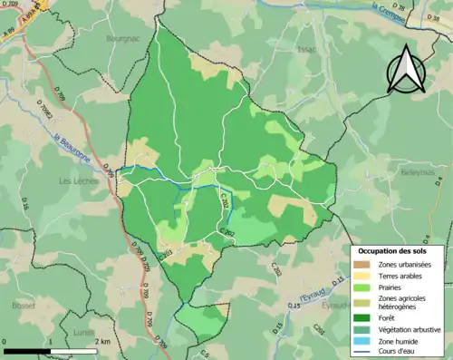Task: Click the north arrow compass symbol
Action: click(405, 71)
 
